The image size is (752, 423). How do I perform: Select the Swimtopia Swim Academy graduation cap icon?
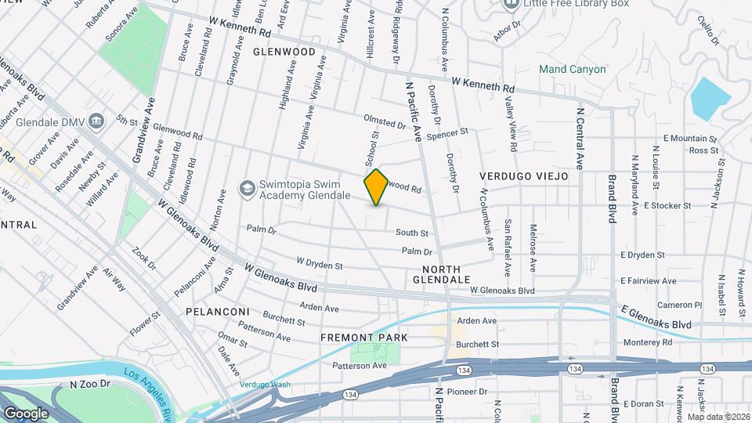248,189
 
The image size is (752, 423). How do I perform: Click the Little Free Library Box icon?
511,4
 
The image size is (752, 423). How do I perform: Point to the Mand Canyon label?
573,70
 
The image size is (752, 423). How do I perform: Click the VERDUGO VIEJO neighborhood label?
523,177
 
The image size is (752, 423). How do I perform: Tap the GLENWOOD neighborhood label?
284,52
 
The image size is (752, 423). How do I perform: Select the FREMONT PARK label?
364,338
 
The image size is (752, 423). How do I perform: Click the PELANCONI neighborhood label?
217,312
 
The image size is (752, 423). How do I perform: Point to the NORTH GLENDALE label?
440,273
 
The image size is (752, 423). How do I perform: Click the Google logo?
26,413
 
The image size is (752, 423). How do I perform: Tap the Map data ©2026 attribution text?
718,417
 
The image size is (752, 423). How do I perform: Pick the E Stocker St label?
667,206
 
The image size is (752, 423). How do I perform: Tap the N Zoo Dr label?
88,385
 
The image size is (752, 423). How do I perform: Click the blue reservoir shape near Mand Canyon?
710,99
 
